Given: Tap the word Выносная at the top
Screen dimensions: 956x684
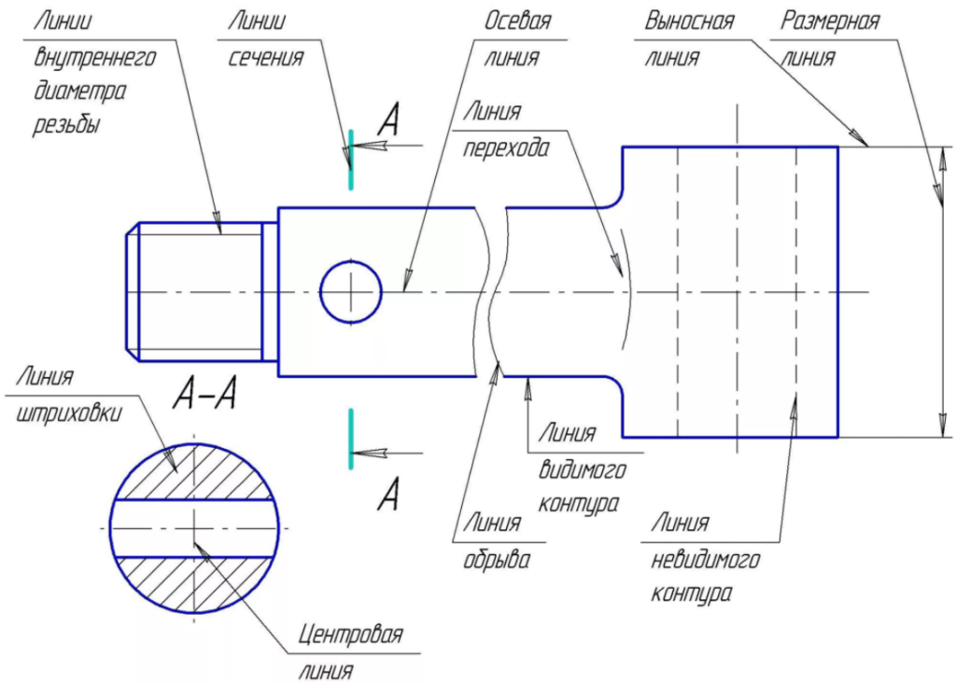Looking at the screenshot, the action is click(x=689, y=21).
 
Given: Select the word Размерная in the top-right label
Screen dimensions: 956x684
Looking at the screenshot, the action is click(x=830, y=21).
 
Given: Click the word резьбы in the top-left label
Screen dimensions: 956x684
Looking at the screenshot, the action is click(x=66, y=124).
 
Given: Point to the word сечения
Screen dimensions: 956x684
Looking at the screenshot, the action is click(x=266, y=58).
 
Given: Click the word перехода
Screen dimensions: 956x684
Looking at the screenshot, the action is click(x=505, y=148).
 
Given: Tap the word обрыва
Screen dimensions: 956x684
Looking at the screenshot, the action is click(x=497, y=559).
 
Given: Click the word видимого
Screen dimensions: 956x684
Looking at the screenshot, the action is click(x=583, y=469).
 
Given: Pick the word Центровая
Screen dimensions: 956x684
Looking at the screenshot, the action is click(x=351, y=635).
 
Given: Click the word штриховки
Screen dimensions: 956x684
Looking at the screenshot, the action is click(x=68, y=413).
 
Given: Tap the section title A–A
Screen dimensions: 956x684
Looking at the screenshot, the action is click(x=204, y=394).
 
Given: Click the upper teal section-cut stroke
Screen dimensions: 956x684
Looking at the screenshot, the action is click(x=351, y=160).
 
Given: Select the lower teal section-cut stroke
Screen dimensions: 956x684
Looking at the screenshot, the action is click(x=351, y=439).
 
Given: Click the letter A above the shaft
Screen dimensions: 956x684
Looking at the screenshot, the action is click(x=388, y=119).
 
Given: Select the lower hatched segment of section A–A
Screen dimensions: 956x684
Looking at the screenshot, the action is click(x=194, y=585).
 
